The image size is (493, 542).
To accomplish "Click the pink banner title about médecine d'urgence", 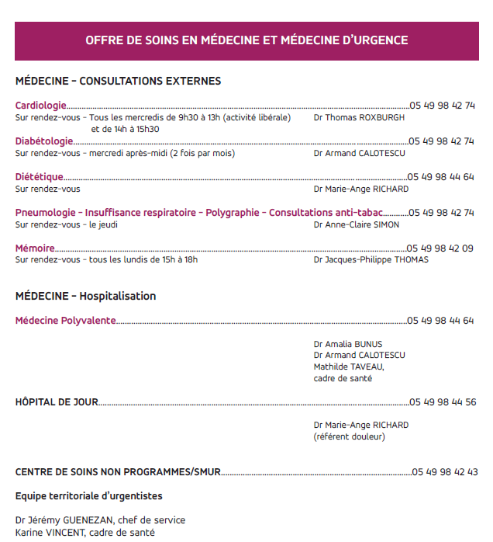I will pyautogui.click(x=246, y=40).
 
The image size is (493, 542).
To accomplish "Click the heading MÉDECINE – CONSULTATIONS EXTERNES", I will pyautogui.click(x=118, y=81).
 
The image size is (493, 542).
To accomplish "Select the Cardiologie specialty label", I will pyautogui.click(x=40, y=106).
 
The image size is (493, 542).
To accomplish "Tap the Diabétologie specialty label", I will pyautogui.click(x=44, y=141).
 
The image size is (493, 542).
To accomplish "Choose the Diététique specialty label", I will pyautogui.click(x=40, y=177).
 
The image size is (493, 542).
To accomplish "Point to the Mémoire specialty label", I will pyautogui.click(x=35, y=248).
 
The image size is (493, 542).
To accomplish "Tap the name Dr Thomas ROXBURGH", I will pyautogui.click(x=359, y=117).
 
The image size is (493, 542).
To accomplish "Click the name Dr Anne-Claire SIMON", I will pyautogui.click(x=357, y=224).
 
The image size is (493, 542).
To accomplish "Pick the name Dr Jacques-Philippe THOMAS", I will pyautogui.click(x=371, y=260).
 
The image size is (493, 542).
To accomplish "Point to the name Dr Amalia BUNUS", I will pyautogui.click(x=348, y=344).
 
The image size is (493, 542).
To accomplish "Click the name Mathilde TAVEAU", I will pyautogui.click(x=348, y=367).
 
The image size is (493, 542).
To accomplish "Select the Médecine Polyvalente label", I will pyautogui.click(x=66, y=320).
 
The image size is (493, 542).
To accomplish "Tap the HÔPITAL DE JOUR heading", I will pyautogui.click(x=57, y=402).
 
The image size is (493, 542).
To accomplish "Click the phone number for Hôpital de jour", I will pyautogui.click(x=443, y=402).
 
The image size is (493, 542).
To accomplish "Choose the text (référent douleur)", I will pyautogui.click(x=349, y=436).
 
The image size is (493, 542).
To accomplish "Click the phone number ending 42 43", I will pyautogui.click(x=445, y=472).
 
